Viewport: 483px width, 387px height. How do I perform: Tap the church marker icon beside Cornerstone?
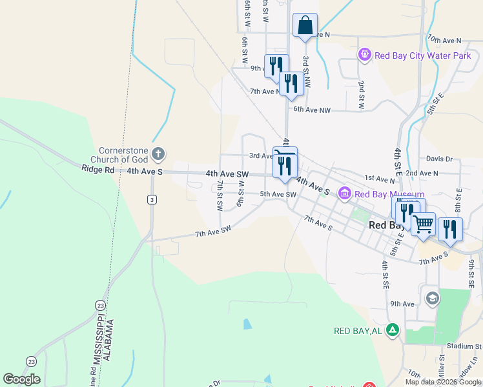[159, 154]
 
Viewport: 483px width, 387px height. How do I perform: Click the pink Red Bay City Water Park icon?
[365, 55]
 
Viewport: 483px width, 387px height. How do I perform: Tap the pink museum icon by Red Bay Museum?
[345, 193]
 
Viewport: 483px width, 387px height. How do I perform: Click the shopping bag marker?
[305, 26]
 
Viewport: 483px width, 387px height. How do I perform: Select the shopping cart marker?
[423, 224]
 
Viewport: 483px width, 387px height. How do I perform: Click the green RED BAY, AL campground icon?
[391, 330]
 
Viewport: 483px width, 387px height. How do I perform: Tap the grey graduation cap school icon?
[432, 298]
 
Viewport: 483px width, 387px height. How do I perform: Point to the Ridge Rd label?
[98, 170]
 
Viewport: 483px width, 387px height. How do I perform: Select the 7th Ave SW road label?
[213, 232]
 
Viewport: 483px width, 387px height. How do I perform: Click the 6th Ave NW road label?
[312, 110]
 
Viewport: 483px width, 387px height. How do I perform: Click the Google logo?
[21, 379]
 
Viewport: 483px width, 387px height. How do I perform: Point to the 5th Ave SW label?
[278, 194]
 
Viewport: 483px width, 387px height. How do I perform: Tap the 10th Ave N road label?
[444, 40]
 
